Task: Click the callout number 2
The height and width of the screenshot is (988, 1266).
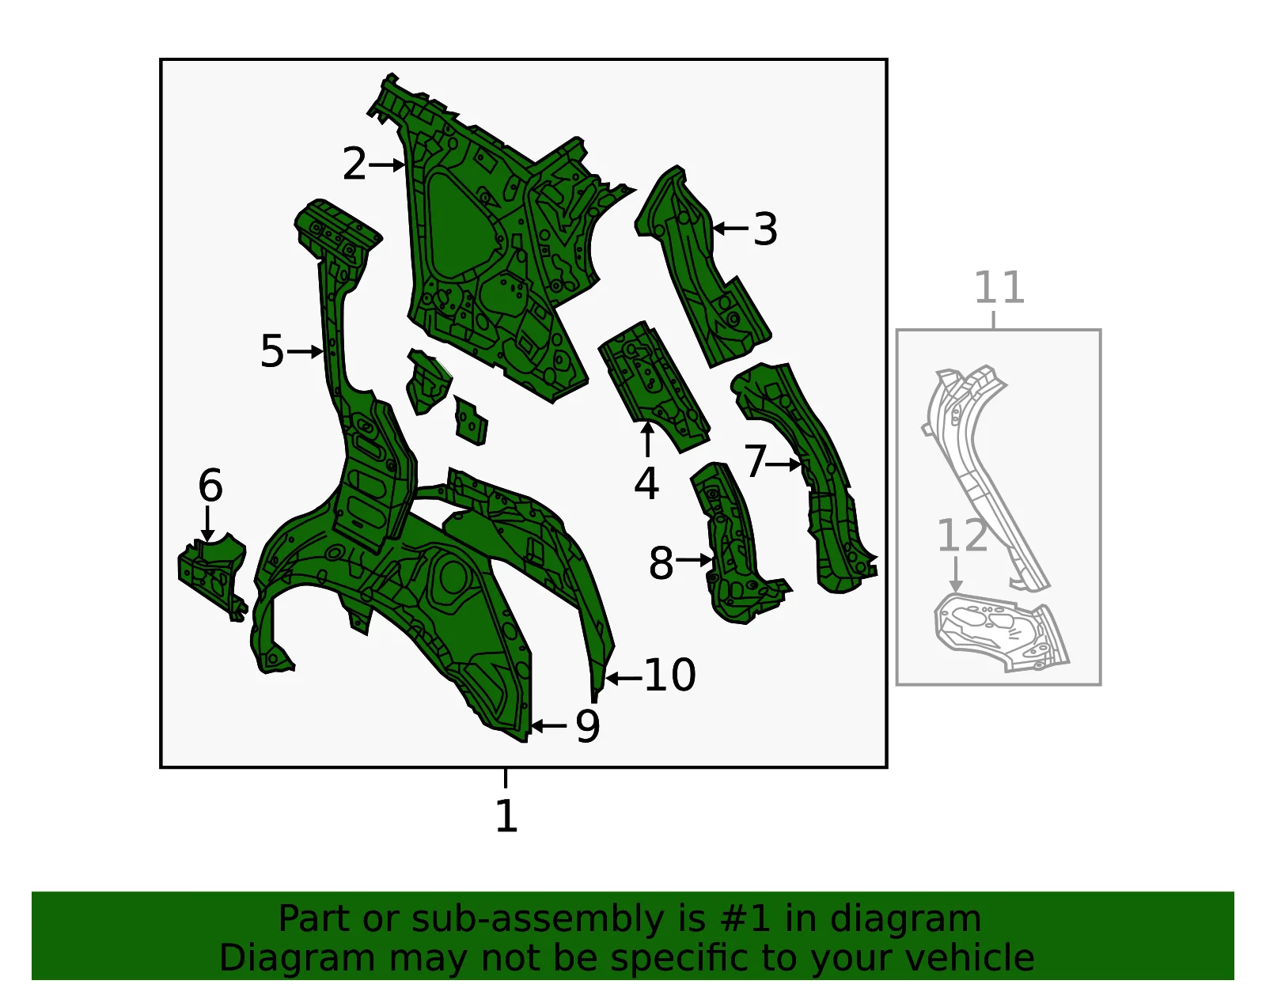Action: tap(354, 164)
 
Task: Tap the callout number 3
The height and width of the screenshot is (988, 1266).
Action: tap(766, 229)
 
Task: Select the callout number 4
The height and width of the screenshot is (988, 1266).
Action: tap(646, 483)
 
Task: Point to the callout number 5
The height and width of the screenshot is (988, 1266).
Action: tap(272, 351)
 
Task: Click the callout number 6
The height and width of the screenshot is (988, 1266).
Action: tap(210, 485)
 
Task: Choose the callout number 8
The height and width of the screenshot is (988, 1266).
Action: tap(661, 563)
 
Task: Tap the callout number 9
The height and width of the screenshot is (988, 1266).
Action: tap(587, 726)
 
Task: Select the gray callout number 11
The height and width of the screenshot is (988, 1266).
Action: tap(999, 287)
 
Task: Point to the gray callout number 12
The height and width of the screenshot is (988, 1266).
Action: tap(962, 535)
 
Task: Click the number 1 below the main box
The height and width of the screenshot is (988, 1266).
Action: tap(506, 815)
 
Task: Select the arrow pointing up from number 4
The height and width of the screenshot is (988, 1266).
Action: tap(647, 440)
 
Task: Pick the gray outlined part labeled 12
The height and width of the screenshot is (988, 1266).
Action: tap(1000, 632)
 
